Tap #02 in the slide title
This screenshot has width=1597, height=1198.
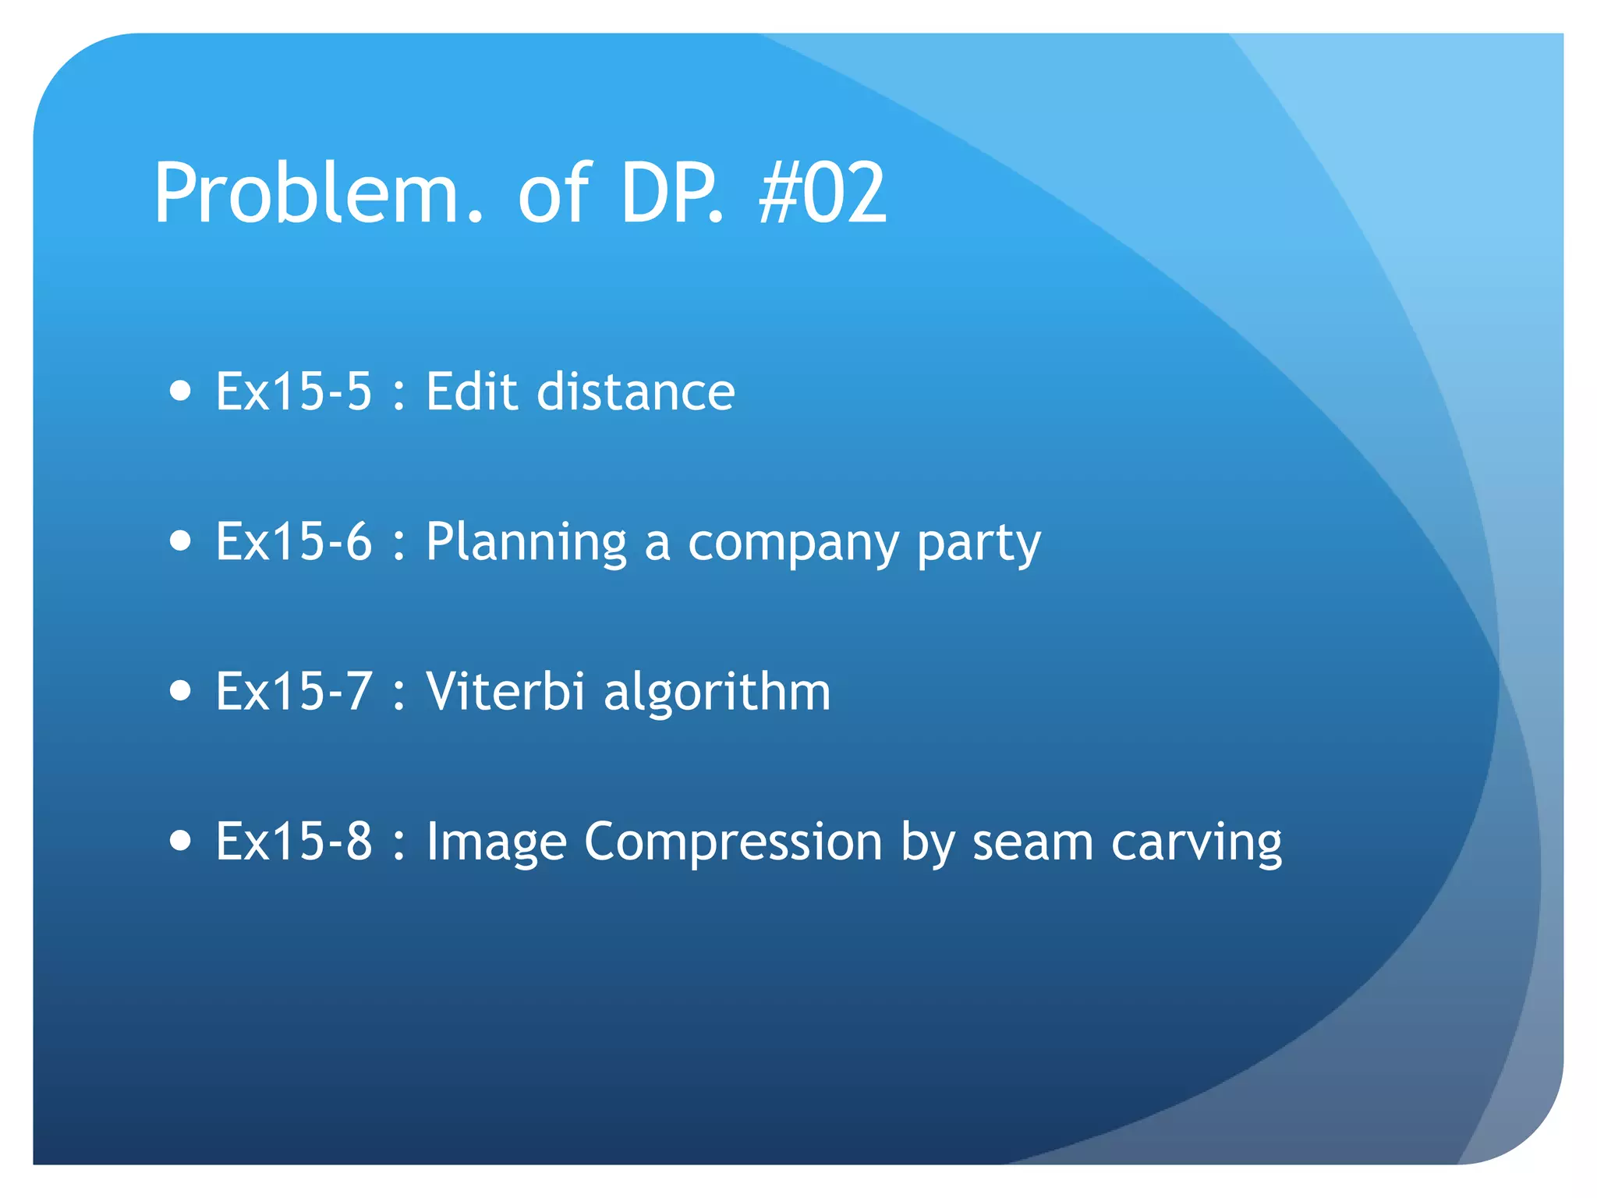click(823, 193)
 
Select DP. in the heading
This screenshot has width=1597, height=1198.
click(671, 193)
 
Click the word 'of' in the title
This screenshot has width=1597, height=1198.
click(554, 193)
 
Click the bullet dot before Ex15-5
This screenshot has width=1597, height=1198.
click(180, 390)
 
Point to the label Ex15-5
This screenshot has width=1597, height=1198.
click(294, 391)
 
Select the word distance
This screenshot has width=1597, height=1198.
click(636, 391)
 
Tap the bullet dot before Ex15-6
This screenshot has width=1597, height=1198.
click(180, 541)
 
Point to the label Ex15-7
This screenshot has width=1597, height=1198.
click(294, 691)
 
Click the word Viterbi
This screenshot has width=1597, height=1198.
click(505, 691)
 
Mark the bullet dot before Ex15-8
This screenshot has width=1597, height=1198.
click(180, 841)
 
